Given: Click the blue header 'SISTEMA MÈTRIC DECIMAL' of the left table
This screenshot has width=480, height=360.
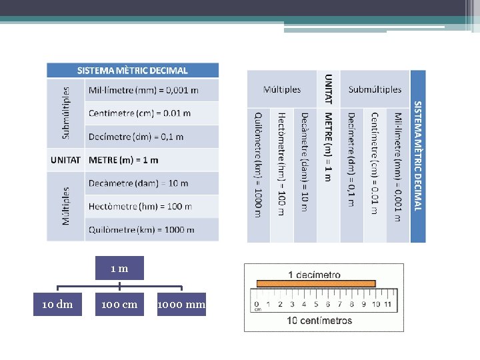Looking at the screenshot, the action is (133, 70).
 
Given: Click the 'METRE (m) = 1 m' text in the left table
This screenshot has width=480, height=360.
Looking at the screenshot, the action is (123, 160).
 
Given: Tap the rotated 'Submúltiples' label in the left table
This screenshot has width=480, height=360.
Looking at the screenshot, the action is (66, 113).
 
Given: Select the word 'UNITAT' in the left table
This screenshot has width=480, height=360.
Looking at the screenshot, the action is (66, 160).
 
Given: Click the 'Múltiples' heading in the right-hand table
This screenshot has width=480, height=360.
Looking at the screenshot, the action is (282, 89).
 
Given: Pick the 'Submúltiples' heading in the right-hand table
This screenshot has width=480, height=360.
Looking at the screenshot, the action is (375, 89).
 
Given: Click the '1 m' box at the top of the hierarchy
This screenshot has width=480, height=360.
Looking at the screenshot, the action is (119, 269).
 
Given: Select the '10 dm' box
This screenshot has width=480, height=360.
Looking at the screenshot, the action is (57, 305).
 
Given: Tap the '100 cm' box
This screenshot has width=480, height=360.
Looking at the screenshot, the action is (119, 305).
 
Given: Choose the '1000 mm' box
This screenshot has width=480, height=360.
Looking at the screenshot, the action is (181, 305).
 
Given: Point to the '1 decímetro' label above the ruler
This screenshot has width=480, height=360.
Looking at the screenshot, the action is (314, 275).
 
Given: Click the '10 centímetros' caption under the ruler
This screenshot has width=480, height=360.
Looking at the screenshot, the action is (319, 321).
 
